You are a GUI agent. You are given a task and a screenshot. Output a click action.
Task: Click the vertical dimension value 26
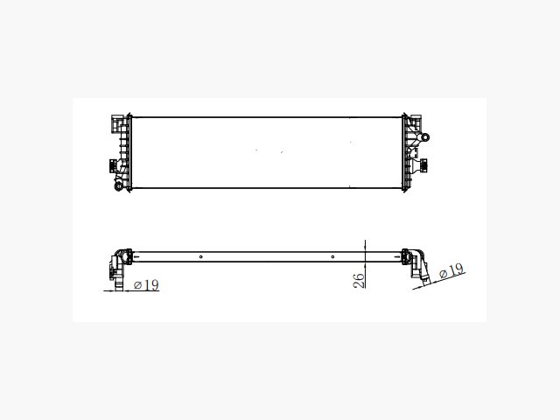(x=359, y=280)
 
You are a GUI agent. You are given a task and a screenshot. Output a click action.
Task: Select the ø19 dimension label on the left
(x=146, y=284)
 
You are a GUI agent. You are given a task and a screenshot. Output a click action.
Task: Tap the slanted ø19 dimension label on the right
(x=451, y=271)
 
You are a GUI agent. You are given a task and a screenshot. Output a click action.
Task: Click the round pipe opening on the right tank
(x=425, y=137)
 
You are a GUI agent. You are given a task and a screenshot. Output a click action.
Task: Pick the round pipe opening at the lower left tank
(x=118, y=185)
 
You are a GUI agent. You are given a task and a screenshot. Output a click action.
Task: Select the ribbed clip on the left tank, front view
(x=113, y=165)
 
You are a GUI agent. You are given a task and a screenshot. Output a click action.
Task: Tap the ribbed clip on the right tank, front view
(x=423, y=165)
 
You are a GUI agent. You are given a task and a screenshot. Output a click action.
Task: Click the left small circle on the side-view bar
(x=201, y=256)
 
